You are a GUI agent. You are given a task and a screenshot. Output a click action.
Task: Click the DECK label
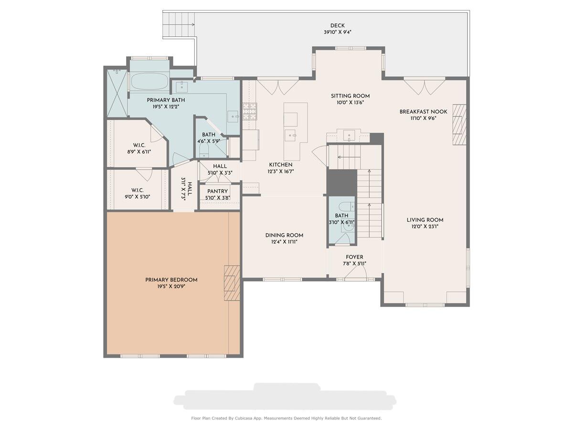[x=337, y=26]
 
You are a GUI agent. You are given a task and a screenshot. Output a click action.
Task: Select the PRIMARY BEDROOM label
[x=171, y=280]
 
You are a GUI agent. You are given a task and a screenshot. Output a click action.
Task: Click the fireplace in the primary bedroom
[x=232, y=283]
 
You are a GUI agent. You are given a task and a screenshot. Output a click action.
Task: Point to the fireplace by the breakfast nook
[x=459, y=124]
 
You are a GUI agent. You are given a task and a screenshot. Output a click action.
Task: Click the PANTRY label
[x=217, y=191]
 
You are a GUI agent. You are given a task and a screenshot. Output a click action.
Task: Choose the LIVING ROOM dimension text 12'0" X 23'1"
[x=424, y=226]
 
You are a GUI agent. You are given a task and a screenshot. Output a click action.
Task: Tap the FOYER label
[x=354, y=257]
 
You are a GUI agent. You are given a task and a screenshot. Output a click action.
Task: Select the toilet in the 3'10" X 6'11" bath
[x=346, y=206]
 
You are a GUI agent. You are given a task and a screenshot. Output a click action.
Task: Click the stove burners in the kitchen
[x=250, y=111]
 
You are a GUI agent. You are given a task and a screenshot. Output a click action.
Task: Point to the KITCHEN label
[x=281, y=165]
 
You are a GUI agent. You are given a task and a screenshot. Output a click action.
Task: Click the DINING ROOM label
[x=284, y=235]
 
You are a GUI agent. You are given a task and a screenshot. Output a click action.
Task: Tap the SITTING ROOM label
[x=350, y=96]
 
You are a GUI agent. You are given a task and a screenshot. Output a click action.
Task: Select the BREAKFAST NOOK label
[x=423, y=112]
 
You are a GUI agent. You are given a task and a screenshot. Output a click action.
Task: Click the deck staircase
[x=179, y=25]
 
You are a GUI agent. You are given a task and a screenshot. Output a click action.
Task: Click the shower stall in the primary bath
[x=117, y=93]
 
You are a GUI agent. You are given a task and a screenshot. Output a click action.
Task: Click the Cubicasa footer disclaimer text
[x=286, y=418]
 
